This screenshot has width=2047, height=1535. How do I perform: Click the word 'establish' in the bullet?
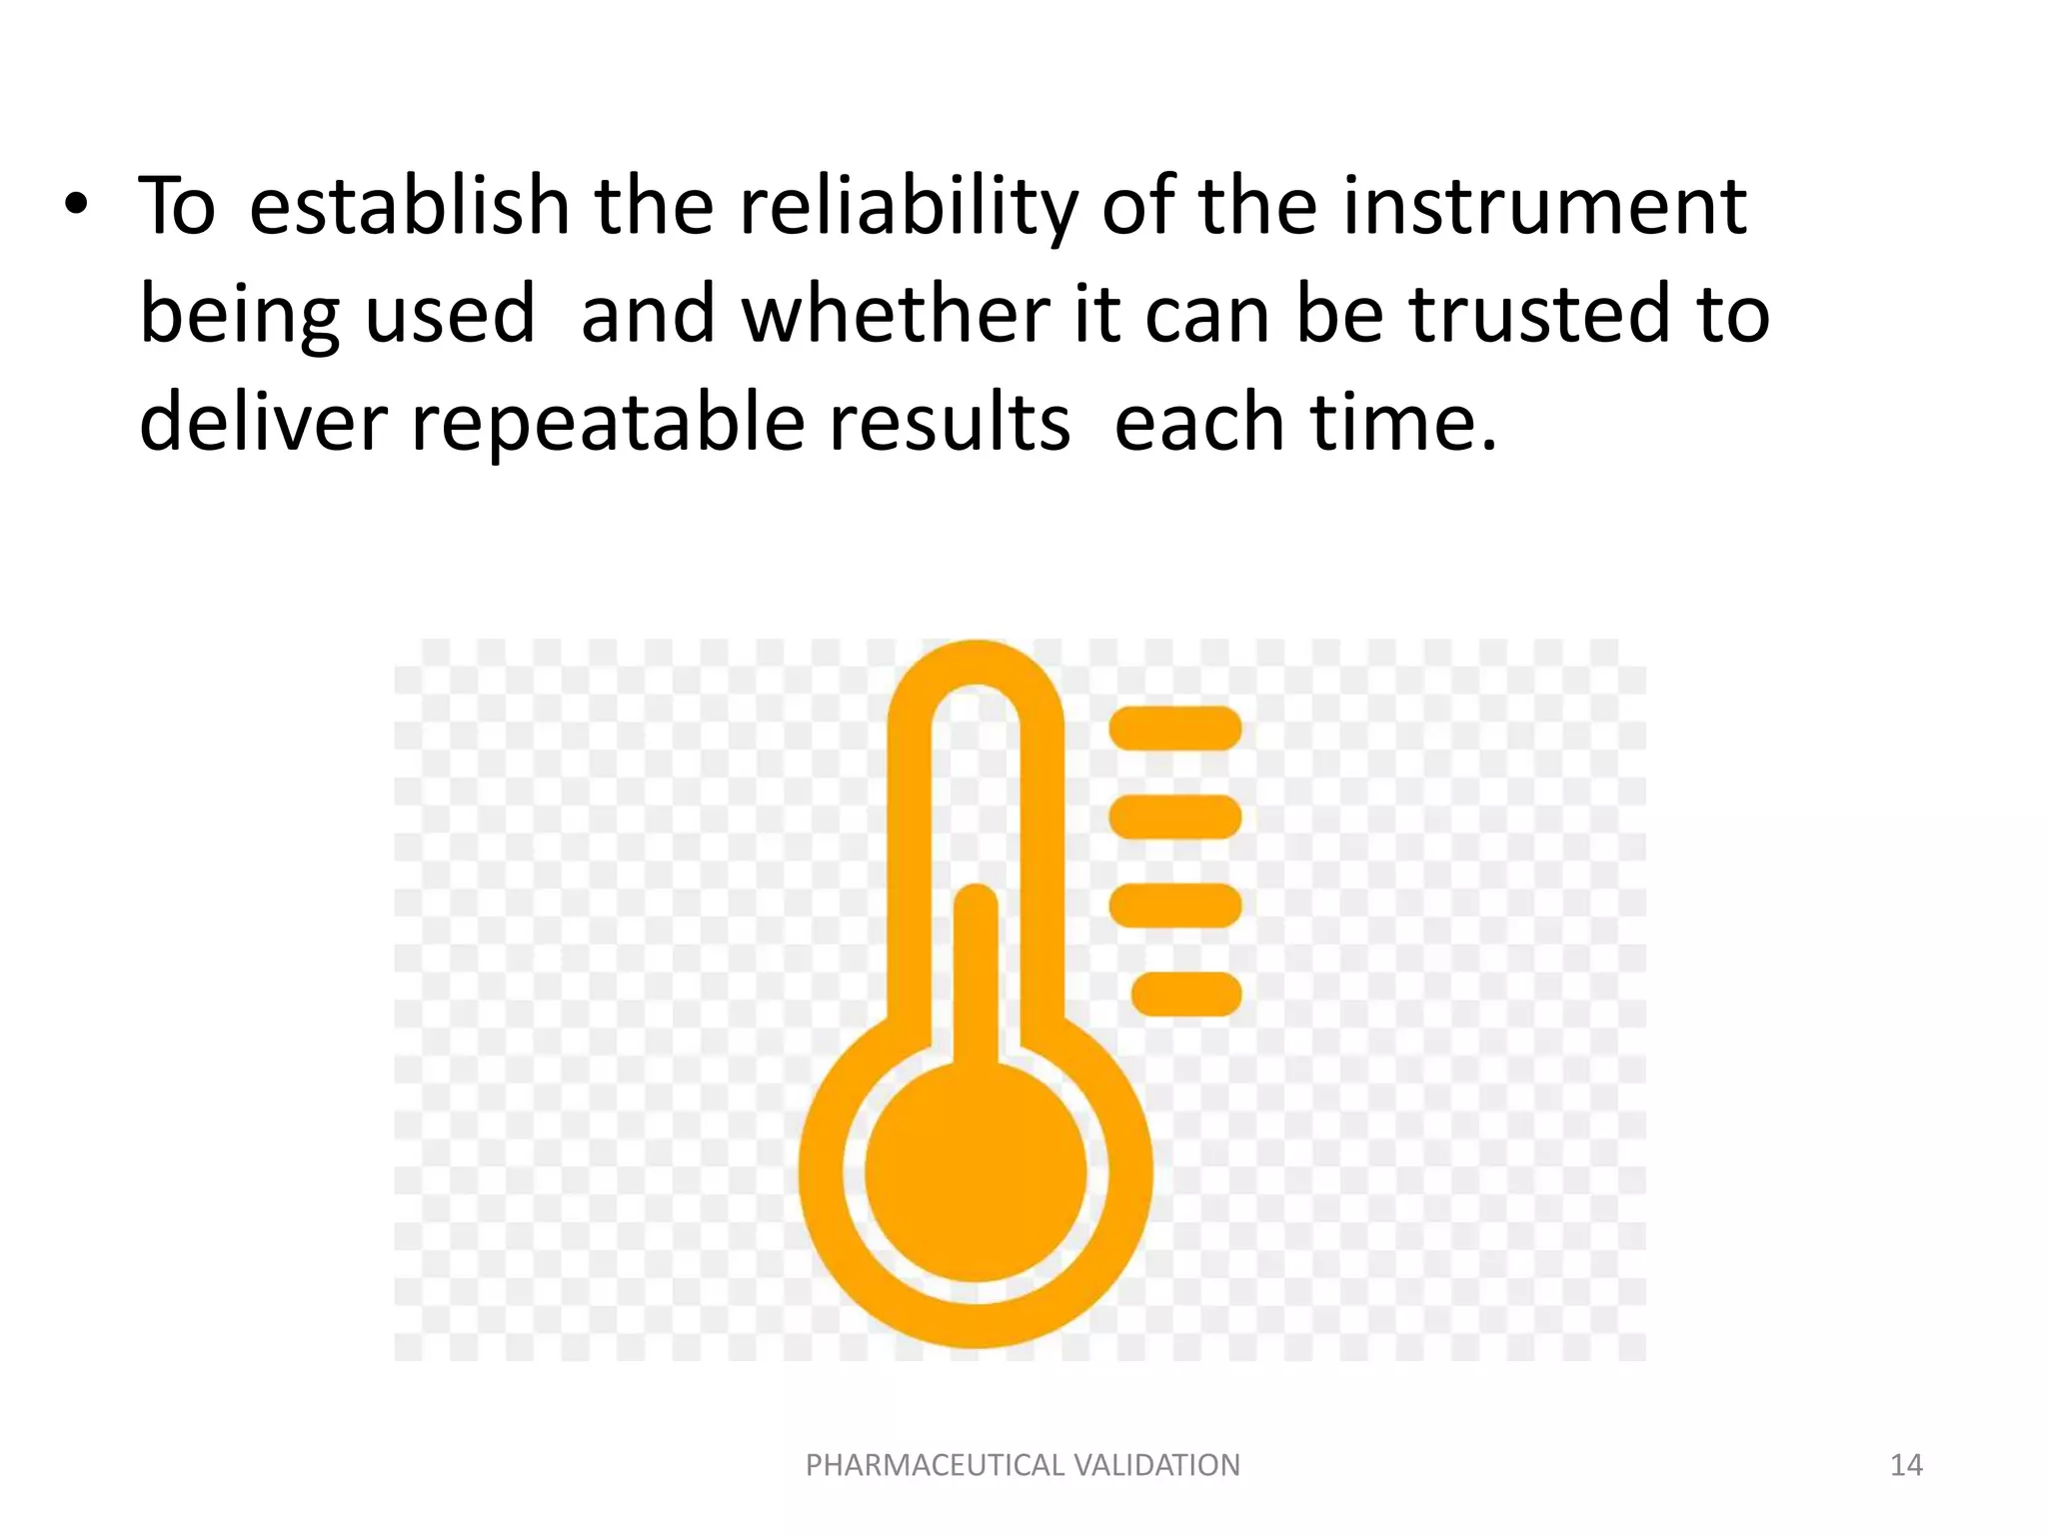point(409,205)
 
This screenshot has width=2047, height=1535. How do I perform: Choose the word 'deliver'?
point(263,421)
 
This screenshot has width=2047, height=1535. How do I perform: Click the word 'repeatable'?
point(608,421)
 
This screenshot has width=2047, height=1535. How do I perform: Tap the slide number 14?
point(1906,1465)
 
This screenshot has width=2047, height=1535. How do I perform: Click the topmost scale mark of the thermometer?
point(1175,728)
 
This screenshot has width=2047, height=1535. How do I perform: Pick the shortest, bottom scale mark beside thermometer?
point(1186,994)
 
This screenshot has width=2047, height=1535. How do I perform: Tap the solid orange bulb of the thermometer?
point(976,1171)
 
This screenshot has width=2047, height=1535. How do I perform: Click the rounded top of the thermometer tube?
point(976,664)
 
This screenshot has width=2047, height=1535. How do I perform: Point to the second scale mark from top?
point(1175,816)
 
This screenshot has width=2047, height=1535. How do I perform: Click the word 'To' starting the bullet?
point(177,205)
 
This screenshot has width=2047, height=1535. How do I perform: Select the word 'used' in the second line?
point(450,313)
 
